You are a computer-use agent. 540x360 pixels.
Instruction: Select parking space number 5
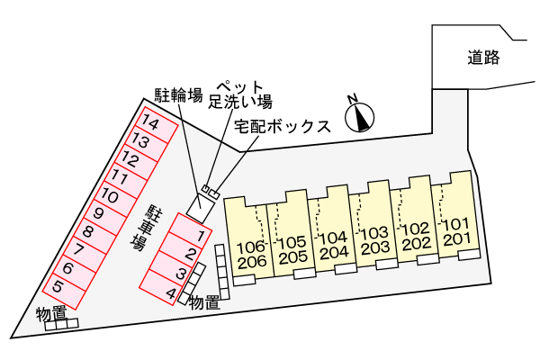[x=64, y=292]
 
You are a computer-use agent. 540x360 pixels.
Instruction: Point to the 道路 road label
[x=483, y=58]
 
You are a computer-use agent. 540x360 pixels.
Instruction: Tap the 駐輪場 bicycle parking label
[x=178, y=95]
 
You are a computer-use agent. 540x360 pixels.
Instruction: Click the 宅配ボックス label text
[x=283, y=126]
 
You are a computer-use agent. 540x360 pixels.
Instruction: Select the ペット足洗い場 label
[x=240, y=94]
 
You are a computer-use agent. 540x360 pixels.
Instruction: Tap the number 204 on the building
[x=334, y=252]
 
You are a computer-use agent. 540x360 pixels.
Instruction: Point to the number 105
[x=292, y=242]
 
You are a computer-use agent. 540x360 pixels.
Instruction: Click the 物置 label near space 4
[x=205, y=302]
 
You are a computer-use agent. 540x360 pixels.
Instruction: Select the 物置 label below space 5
[x=51, y=314]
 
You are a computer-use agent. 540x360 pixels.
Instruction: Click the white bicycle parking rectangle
[x=201, y=209]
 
